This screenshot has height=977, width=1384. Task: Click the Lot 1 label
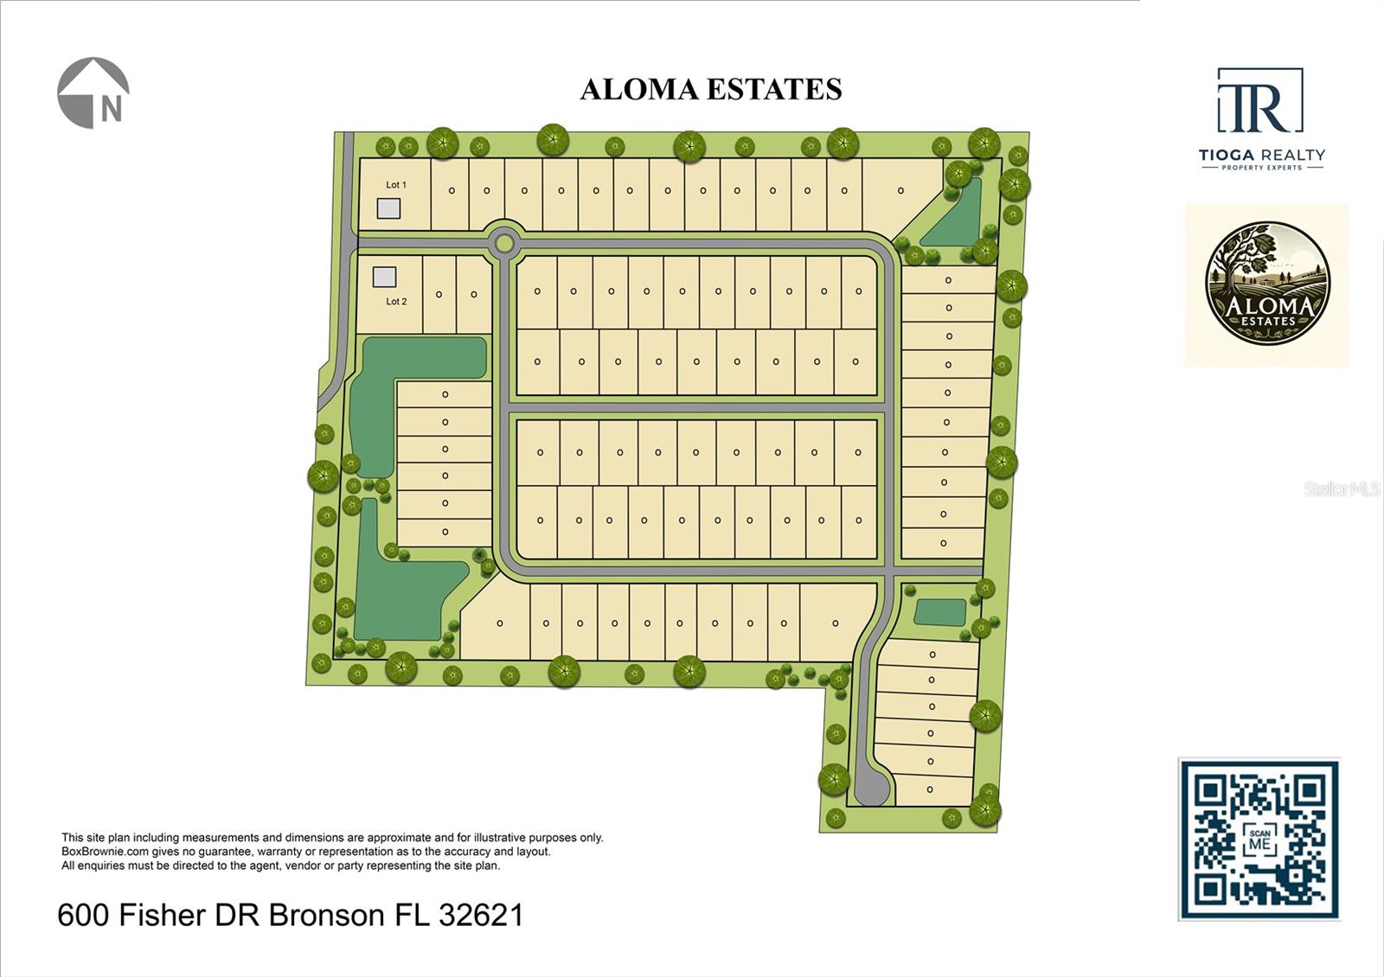[395, 185]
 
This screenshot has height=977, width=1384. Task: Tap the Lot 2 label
[396, 302]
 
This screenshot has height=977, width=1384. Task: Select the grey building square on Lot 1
[388, 208]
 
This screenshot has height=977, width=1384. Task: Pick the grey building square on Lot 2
[384, 277]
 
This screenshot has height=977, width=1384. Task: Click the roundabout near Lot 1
[503, 243]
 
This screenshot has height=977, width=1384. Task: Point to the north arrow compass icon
[93, 93]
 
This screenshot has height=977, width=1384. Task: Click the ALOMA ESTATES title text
[710, 89]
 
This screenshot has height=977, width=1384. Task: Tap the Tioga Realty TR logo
[1259, 102]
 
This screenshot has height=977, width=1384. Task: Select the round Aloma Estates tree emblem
[1266, 284]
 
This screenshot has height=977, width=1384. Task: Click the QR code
[1259, 840]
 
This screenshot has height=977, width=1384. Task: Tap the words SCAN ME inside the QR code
[1259, 840]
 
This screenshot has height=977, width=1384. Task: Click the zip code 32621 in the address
[481, 915]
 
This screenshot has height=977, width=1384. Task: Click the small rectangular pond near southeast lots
[939, 612]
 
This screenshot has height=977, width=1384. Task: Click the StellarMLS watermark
[1341, 489]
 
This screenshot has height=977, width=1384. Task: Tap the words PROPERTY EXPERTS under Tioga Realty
[1261, 168]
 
